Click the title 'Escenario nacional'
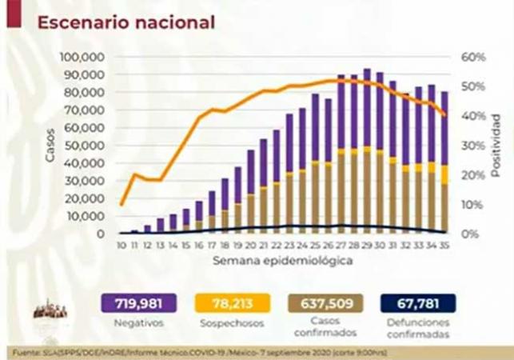pyautogui.click(x=126, y=22)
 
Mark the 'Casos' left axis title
pyautogui.click(x=50, y=146)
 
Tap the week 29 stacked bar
pyautogui.click(x=367, y=152)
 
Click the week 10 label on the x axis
pyautogui.click(x=122, y=246)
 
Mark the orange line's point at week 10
pyautogui.click(x=122, y=205)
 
